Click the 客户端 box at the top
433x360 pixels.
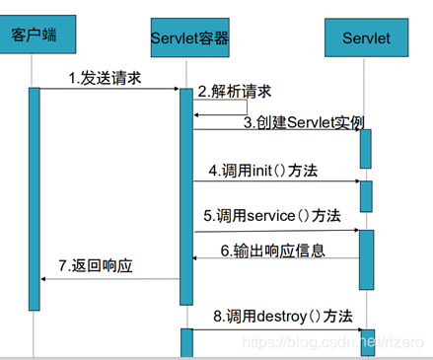click(x=34, y=36)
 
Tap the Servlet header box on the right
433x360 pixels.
click(x=366, y=38)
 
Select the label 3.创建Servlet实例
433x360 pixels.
click(x=304, y=122)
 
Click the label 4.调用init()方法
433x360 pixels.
click(x=262, y=170)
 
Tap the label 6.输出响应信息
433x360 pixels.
click(x=272, y=251)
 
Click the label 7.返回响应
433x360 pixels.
click(x=96, y=266)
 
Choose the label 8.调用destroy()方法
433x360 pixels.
click(x=282, y=317)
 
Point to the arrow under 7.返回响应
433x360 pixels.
click(x=109, y=278)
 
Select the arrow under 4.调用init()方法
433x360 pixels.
click(x=276, y=181)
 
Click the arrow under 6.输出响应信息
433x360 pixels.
click(x=276, y=259)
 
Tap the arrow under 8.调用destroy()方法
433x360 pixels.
click(x=276, y=330)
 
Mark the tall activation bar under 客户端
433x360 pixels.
click(x=34, y=187)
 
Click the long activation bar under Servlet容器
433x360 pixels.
click(x=185, y=187)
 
